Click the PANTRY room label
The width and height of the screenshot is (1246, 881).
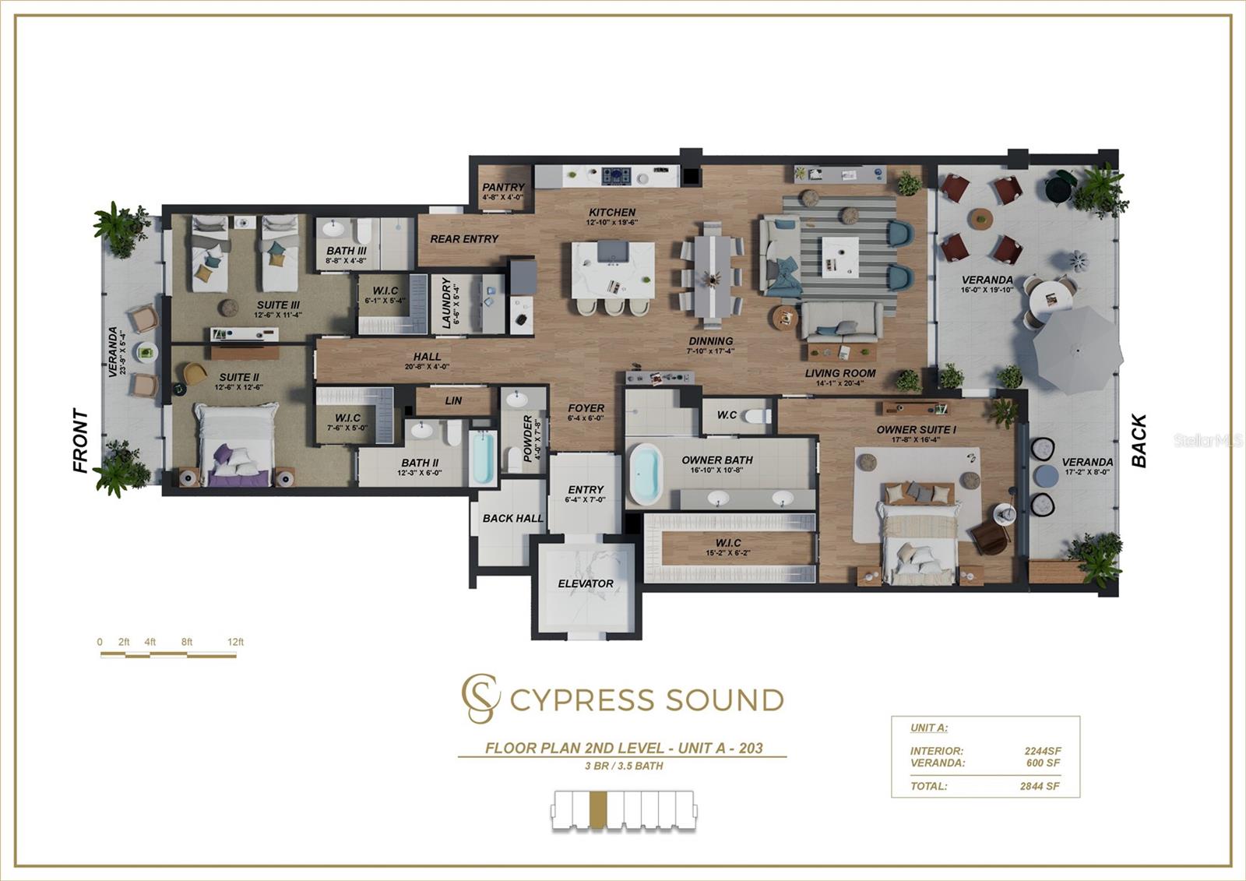point(503,187)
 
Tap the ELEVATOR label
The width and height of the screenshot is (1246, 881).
point(586,583)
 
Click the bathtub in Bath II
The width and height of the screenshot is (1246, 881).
point(483,460)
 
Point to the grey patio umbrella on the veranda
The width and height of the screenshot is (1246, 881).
point(1077,350)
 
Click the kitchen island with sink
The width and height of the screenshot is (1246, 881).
point(613,270)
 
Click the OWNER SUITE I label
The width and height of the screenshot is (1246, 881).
point(916,429)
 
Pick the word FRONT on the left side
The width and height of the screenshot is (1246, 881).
point(80,440)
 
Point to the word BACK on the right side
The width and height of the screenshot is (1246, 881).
point(1139,441)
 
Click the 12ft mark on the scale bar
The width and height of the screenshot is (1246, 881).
point(235,643)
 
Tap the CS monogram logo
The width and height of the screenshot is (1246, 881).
point(479,698)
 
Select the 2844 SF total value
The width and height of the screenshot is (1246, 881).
point(1040,786)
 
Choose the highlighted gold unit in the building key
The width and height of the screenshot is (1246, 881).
point(597,809)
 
